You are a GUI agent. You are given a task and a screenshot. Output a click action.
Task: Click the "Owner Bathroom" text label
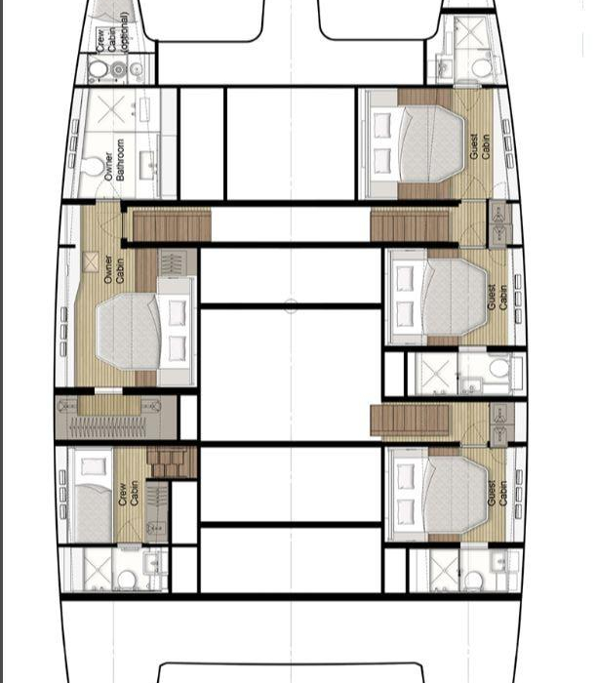pyautogui.click(x=114, y=159)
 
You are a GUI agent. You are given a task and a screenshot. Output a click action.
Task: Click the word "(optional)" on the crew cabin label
pyautogui.click(x=124, y=32)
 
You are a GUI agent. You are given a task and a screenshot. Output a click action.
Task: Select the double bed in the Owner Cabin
pyautogui.click(x=143, y=332)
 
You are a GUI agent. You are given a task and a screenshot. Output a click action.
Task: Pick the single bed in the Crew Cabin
pyautogui.click(x=94, y=496)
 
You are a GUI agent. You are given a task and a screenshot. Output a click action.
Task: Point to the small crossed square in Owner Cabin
pyautogui.click(x=91, y=261)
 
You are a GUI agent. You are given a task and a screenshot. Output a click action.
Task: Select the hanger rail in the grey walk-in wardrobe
pyautogui.click(x=108, y=427)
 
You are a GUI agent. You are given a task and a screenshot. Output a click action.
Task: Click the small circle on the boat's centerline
pyautogui.click(x=291, y=305)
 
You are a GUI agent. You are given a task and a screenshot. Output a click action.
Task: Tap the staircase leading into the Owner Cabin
pyautogui.click(x=172, y=224)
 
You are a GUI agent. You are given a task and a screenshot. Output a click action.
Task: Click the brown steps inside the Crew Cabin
pyautogui.click(x=172, y=462)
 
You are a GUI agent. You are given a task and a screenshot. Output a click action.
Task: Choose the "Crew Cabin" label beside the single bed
pyautogui.click(x=129, y=494)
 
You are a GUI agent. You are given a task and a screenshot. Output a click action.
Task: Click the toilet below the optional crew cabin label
pyautogui.click(x=98, y=69)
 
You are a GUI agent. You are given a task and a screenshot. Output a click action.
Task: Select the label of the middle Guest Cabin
pyautogui.click(x=497, y=297)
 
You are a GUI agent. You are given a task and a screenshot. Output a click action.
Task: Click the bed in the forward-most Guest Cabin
pyautogui.click(x=417, y=143)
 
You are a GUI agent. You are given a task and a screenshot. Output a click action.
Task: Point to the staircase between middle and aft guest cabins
pyautogui.click(x=410, y=420)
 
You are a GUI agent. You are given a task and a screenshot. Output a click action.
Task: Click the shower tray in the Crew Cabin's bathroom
pyautogui.click(x=98, y=569)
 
